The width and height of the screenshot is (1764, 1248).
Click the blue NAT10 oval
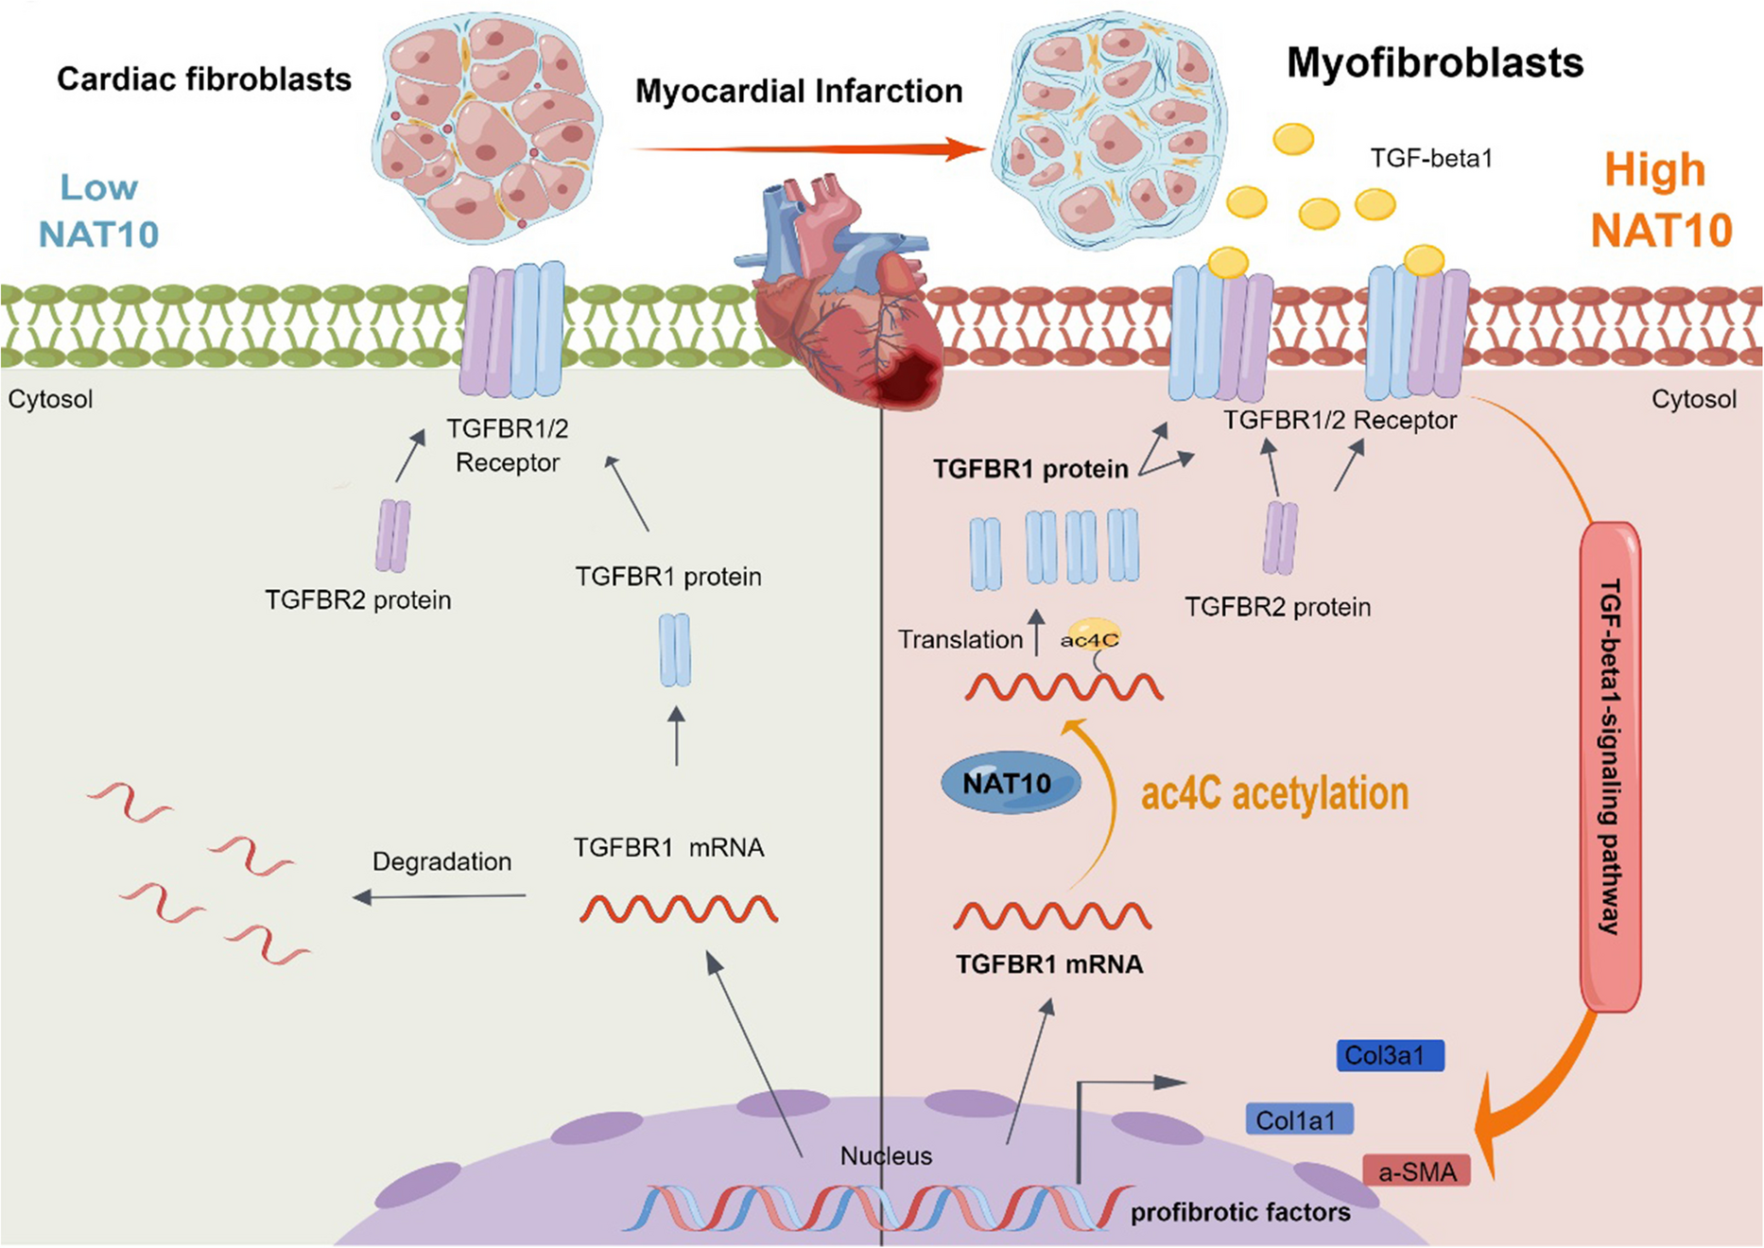coord(1010,784)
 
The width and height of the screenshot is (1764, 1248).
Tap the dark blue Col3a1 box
coord(1390,1055)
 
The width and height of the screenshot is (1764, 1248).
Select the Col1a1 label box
coord(1299,1119)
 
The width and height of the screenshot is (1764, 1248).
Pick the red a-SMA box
coord(1416,1171)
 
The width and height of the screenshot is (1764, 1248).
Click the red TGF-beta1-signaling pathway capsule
coord(1610,766)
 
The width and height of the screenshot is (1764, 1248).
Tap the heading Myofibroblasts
coord(1434,63)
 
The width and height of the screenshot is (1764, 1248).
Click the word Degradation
coord(441,861)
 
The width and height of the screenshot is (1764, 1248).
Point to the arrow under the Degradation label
coord(440,896)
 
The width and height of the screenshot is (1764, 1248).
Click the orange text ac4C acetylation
coord(1274,793)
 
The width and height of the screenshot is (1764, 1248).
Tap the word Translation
coord(960,640)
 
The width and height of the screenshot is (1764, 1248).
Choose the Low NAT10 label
coord(98,211)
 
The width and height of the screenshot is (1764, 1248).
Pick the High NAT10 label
coord(1660,200)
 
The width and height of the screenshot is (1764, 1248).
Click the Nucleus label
coord(886,1155)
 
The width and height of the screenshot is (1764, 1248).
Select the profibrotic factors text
coord(1239,1212)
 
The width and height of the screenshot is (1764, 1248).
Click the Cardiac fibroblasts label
coord(203,79)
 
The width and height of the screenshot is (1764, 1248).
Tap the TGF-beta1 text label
coord(1431,158)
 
